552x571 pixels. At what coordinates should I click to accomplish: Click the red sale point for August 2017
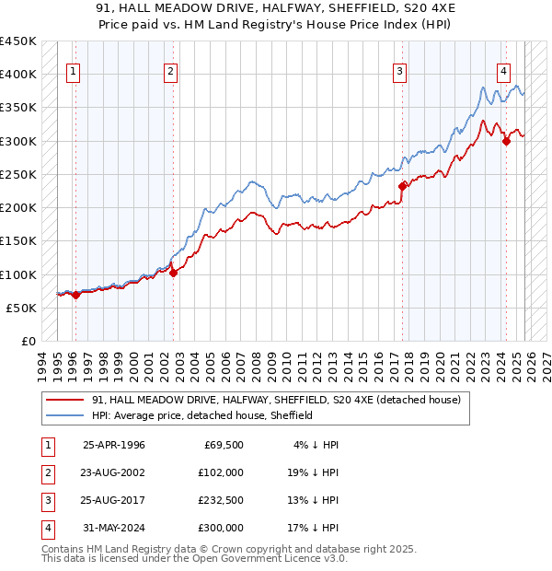click(402, 186)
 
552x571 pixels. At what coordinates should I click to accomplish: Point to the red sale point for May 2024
click(506, 141)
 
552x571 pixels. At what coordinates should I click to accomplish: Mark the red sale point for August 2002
click(174, 273)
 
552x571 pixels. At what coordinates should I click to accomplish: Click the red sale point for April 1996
click(75, 295)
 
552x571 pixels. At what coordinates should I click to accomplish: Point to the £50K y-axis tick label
click(22, 308)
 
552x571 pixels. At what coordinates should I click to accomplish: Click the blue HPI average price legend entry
click(202, 415)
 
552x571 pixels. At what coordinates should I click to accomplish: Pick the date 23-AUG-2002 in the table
click(113, 472)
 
